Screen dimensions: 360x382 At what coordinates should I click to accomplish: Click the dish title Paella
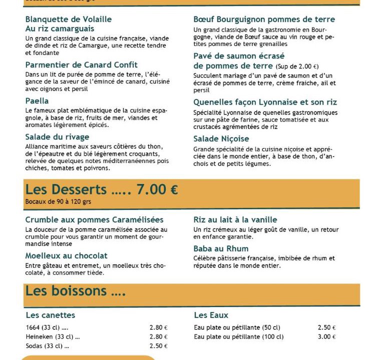pos(37,101)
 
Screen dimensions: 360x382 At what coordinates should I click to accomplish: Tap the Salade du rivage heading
pos(57,136)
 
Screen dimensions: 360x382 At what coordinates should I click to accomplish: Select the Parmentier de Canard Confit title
pos(81,65)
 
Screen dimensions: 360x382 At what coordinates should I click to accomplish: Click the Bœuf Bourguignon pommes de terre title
pos(264,19)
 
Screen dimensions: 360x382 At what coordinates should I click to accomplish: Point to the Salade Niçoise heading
pos(221,138)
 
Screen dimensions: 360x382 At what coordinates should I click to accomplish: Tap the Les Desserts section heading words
pos(66,189)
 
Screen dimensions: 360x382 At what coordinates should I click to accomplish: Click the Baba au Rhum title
pos(221,248)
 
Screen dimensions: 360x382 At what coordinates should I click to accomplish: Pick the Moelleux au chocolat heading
pos(66,255)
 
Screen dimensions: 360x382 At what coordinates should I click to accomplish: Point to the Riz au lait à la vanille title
pos(235,219)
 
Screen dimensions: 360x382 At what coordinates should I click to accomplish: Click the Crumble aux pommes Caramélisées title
pos(94,219)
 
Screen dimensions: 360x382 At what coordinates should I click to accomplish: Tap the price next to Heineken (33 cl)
pos(158,337)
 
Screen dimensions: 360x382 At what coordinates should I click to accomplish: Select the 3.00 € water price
pos(326,337)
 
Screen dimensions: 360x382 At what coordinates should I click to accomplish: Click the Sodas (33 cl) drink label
pos(47,346)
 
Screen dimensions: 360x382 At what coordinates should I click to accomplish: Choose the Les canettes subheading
pos(50,315)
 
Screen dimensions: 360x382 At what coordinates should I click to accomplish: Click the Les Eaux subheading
pos(211,315)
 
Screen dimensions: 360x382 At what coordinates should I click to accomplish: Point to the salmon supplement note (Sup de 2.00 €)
pos(297,66)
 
